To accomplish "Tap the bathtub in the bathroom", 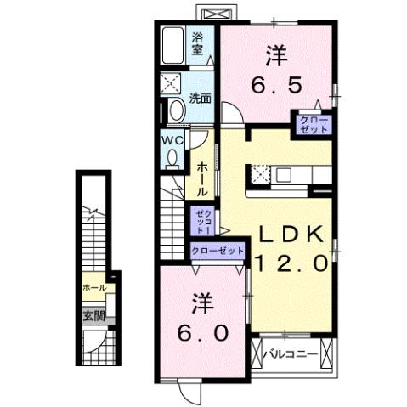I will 173,47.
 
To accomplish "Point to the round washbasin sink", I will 175,110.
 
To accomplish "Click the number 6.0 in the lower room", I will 202,331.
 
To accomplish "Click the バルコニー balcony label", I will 289,353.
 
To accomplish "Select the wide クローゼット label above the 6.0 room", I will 218,251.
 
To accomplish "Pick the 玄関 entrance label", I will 94,316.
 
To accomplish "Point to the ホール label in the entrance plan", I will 94,288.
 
